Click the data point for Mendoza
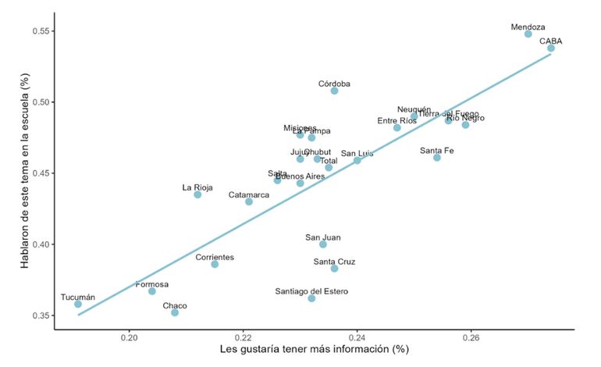[x=528, y=34]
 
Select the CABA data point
[x=551, y=48]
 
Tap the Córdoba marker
[x=334, y=91]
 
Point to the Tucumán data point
[x=78, y=304]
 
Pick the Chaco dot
[x=175, y=312]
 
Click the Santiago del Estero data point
[x=311, y=298]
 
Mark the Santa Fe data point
[x=437, y=158]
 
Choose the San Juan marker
[x=323, y=244]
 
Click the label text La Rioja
[x=197, y=187]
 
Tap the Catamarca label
[x=249, y=194]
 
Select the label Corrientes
[x=214, y=257]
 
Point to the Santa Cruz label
[x=334, y=262]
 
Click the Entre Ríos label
[x=397, y=121]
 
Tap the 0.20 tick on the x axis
[x=130, y=340]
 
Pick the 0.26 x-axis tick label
[x=471, y=340]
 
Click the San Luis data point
[x=357, y=161]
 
